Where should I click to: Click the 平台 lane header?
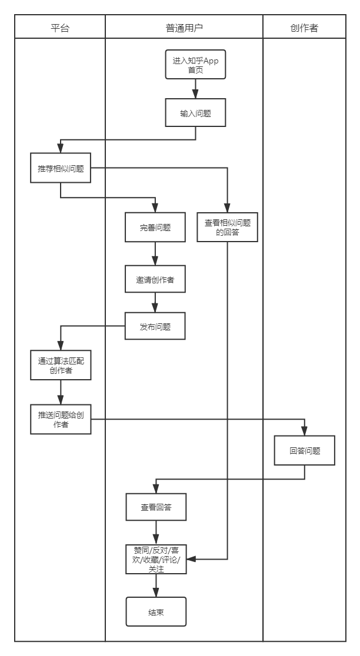point(60,27)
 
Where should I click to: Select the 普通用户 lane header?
point(184,27)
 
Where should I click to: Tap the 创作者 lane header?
point(304,27)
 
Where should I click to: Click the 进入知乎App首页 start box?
point(195,64)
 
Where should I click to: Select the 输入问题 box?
point(195,114)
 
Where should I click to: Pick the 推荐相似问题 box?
point(61,169)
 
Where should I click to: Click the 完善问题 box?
point(155,227)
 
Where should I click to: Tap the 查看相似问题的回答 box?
point(227,227)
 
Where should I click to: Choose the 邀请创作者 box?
point(155,280)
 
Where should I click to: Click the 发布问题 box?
point(155,327)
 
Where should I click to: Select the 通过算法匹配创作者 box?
point(61,366)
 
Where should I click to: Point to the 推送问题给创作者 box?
point(61,419)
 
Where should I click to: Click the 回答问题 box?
point(305,451)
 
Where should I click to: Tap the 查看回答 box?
point(156,507)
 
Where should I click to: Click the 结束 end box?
point(156,612)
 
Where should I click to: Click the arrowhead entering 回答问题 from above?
point(305,431)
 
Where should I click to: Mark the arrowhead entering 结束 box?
point(156,593)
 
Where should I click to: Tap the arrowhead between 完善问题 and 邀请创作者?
point(155,262)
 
